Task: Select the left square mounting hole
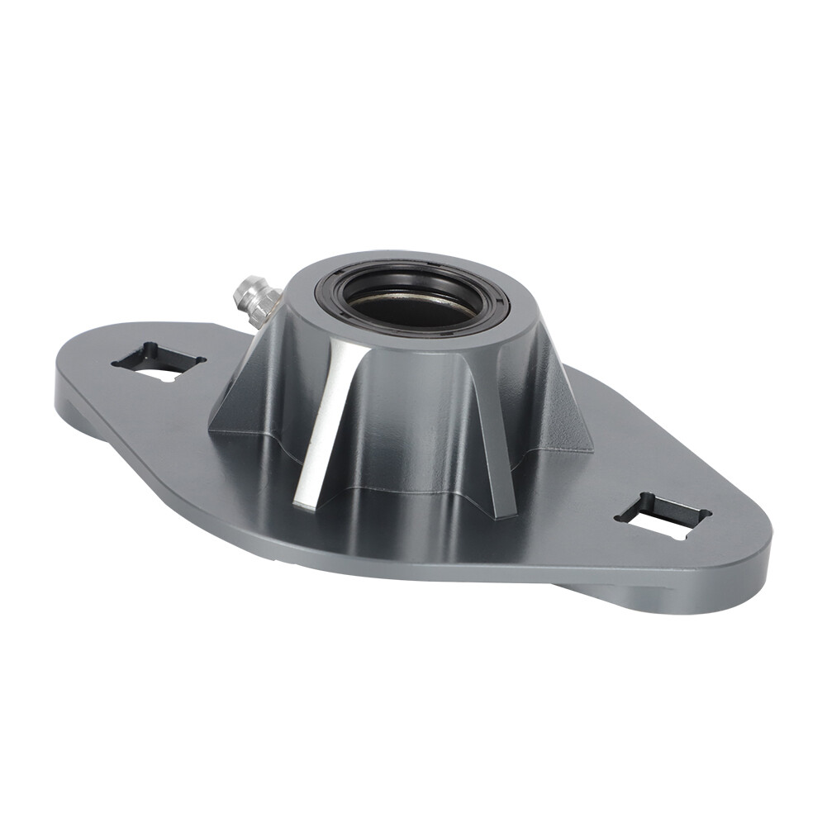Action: coord(159,362)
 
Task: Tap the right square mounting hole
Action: coord(663,516)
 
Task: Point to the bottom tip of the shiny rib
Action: coord(304,500)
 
